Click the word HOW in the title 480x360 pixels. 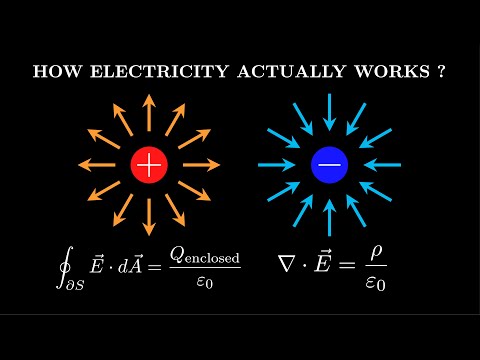click(x=52, y=72)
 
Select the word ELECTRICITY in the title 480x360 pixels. click(x=136, y=72)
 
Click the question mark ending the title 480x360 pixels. click(x=440, y=72)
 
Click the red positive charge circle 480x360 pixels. click(x=147, y=165)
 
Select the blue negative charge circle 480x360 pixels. click(x=329, y=165)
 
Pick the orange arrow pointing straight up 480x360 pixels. click(x=147, y=113)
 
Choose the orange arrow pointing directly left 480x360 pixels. click(x=96, y=165)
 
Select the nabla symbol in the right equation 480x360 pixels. click(x=288, y=266)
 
